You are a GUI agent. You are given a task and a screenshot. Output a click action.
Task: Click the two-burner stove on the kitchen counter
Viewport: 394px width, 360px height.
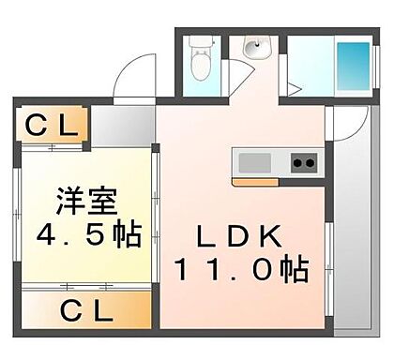[303, 163]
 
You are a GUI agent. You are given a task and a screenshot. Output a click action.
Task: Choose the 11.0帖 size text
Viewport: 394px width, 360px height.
[240, 272]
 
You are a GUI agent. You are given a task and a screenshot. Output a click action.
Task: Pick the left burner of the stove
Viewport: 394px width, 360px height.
[296, 163]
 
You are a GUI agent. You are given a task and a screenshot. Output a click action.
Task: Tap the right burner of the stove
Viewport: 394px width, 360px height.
[310, 163]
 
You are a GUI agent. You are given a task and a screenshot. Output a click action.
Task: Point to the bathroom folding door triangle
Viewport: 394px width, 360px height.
[293, 90]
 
